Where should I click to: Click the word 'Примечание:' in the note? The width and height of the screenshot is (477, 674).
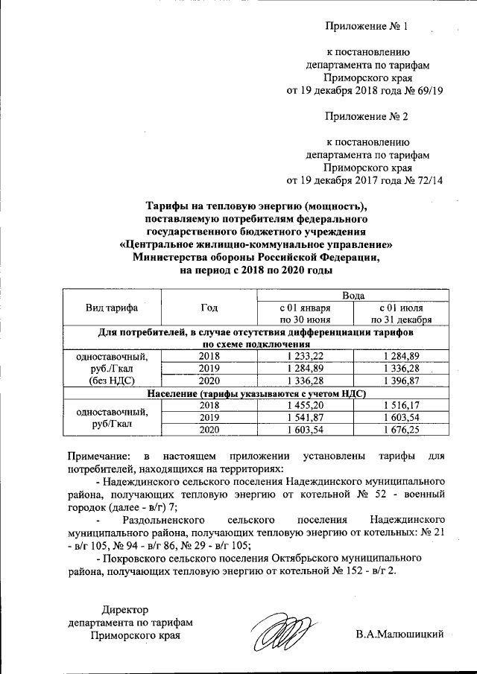(x=95, y=455)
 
